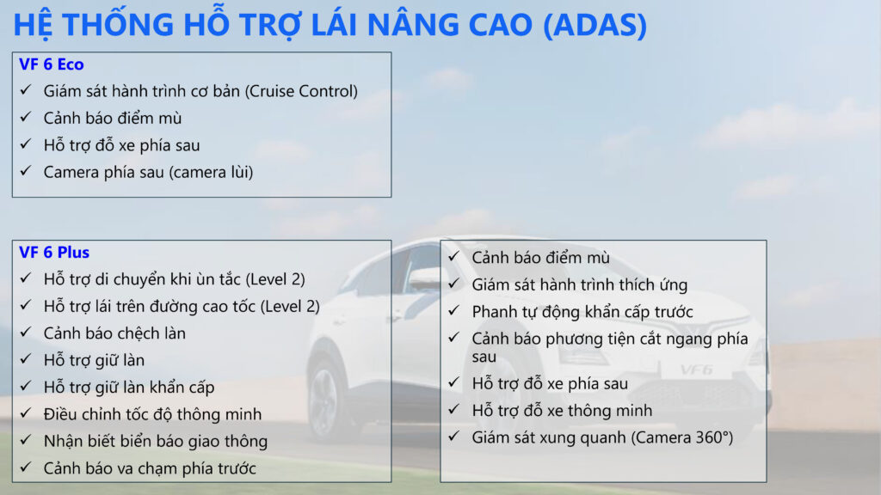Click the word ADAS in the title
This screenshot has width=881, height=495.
[595, 25]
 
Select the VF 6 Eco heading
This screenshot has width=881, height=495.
[51, 64]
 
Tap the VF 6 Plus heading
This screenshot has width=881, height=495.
[54, 253]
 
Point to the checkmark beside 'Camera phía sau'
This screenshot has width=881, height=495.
[26, 171]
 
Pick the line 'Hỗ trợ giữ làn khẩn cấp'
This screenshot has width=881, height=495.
[129, 388]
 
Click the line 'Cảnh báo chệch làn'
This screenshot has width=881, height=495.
[114, 333]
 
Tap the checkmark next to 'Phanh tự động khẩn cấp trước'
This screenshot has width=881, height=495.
[454, 310]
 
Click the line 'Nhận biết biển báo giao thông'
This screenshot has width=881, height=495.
[156, 441]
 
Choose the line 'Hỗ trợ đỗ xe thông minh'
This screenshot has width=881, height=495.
[562, 411]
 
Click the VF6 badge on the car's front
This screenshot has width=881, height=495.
[696, 370]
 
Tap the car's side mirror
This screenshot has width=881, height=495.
[425, 278]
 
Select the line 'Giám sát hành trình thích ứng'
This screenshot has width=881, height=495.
[579, 284]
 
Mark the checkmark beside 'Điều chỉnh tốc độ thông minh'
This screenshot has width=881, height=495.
[26, 413]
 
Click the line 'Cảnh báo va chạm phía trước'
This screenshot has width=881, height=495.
[150, 468]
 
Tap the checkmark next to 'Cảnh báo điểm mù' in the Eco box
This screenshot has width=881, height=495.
[26, 117]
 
